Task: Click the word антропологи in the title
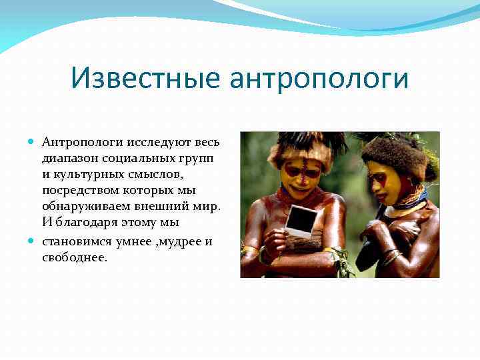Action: click(319, 79)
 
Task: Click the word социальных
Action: click(137, 159)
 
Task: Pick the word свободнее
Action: click(74, 258)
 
